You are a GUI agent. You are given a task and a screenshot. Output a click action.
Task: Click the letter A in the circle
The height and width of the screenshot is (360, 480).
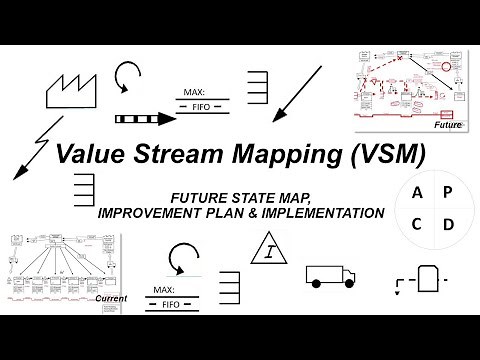pyautogui.click(x=415, y=191)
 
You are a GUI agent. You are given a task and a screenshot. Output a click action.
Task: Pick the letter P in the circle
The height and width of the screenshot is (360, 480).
pyautogui.click(x=447, y=191)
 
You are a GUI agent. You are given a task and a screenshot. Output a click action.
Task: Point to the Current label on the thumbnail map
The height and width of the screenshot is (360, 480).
pyautogui.click(x=111, y=297)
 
